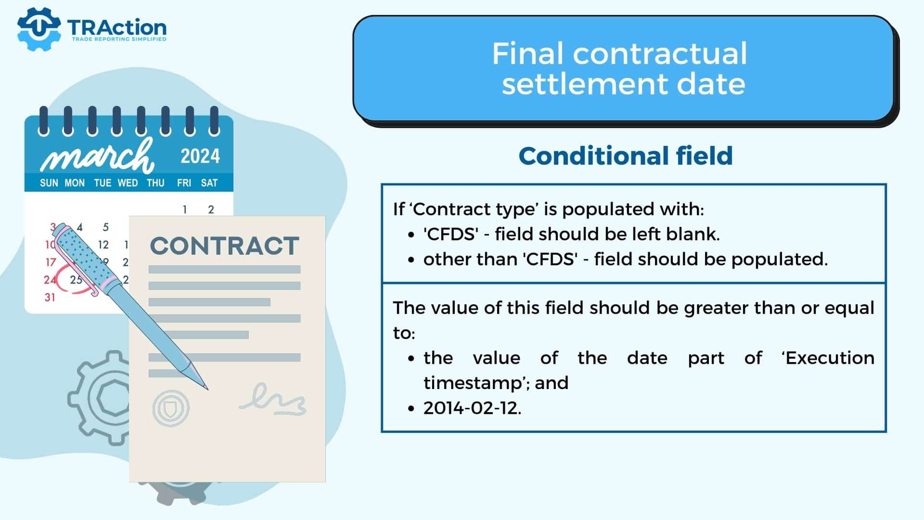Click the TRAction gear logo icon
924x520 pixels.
click(38, 29)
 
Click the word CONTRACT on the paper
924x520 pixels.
click(225, 246)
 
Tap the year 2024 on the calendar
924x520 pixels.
click(200, 156)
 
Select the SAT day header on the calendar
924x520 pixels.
click(209, 183)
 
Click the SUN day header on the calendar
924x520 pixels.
click(49, 183)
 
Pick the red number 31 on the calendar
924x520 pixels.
click(50, 298)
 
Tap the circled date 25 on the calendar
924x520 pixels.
click(76, 280)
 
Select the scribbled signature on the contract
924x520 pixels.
click(273, 399)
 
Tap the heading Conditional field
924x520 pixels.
click(626, 156)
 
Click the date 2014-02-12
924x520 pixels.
click(472, 408)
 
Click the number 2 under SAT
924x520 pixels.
click(211, 209)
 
